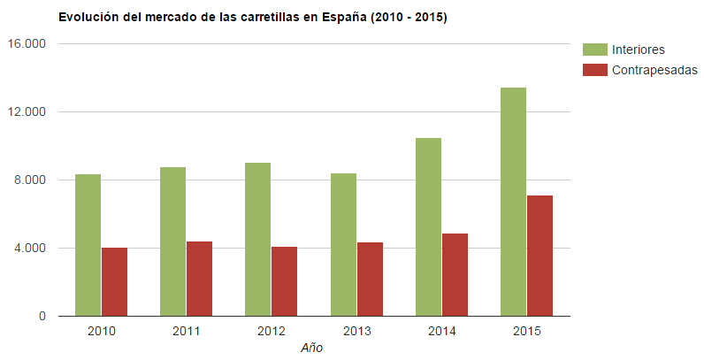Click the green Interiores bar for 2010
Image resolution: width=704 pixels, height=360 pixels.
[88, 245]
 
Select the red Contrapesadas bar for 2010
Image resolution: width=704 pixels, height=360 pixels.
[114, 281]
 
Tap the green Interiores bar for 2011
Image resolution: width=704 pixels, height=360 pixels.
[172, 241]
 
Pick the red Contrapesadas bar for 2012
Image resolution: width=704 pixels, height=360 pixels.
[284, 281]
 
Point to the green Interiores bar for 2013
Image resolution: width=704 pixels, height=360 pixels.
[343, 245]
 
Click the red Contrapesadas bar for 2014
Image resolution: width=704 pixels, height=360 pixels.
[455, 275]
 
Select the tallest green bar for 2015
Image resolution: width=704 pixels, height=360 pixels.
[513, 202]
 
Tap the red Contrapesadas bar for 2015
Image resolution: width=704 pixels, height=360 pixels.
[539, 256]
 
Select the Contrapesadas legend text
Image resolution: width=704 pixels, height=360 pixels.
[654, 70]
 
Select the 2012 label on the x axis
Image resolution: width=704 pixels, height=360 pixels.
[272, 332]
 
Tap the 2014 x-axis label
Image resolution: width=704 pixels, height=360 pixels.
[441, 332]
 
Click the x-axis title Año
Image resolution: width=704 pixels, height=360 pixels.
[312, 348]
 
